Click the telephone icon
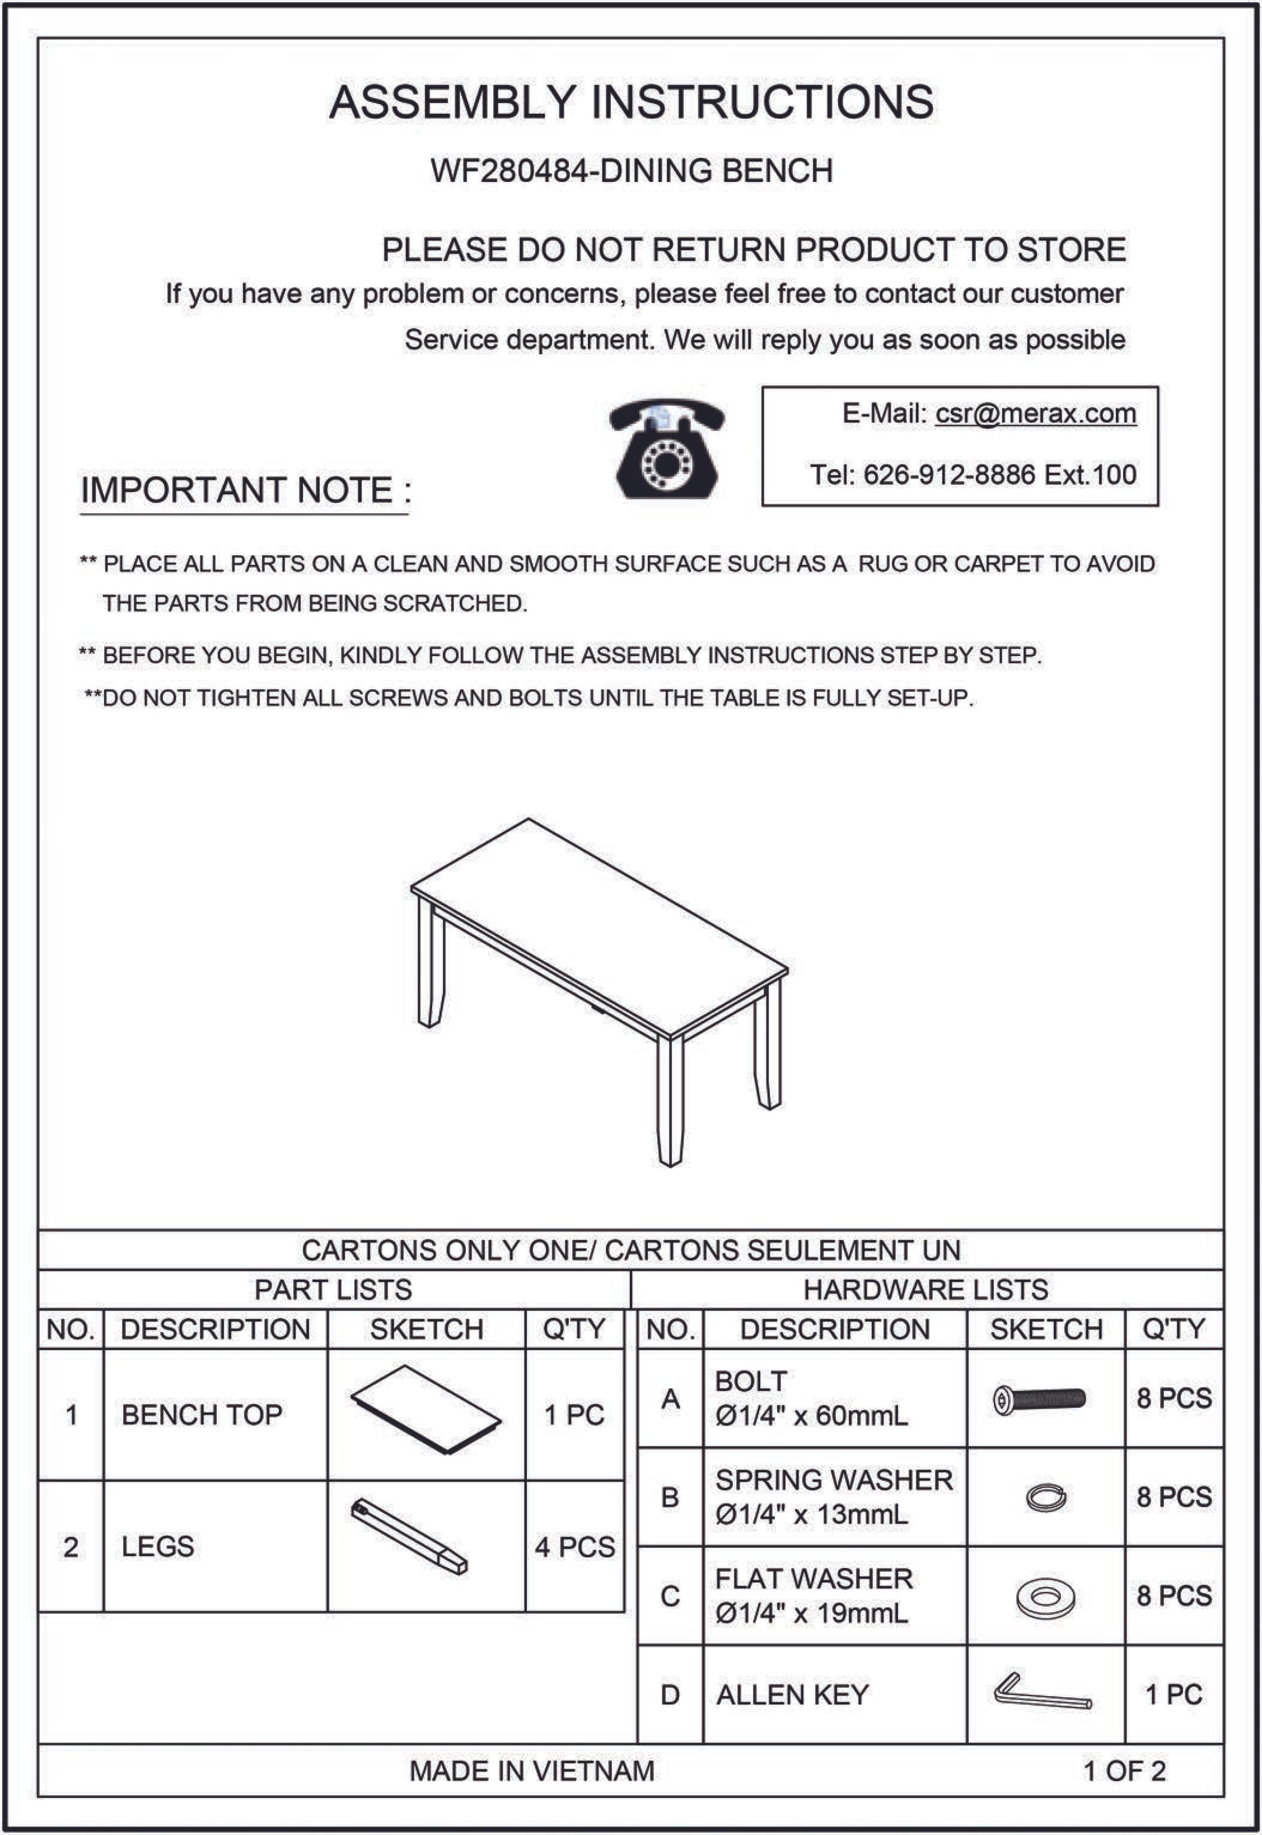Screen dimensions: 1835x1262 667,448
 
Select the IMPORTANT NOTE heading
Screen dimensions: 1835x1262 245,490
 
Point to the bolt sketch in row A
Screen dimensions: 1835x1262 1040,1400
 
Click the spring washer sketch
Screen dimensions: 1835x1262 1045,1497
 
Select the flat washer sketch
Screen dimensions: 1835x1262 1045,1597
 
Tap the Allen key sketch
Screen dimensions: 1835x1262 1041,1693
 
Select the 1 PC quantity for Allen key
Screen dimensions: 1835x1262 1174,1694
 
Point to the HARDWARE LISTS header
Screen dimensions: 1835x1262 925,1289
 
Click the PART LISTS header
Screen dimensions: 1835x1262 333,1289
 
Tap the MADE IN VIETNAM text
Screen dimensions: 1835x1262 531,1771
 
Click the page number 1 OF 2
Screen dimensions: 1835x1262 1124,1771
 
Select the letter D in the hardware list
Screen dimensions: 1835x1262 670,1694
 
